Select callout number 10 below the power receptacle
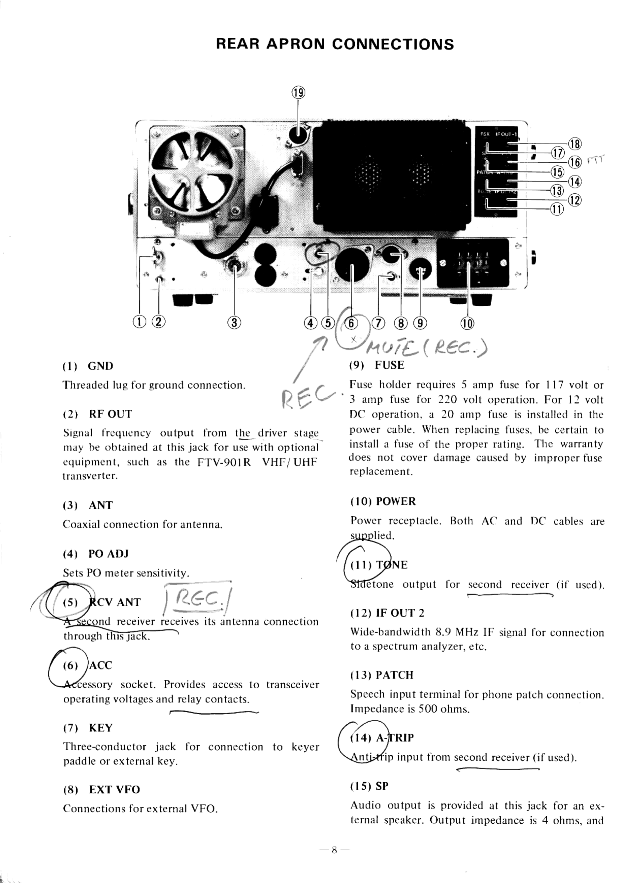467,323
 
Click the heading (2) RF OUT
98,414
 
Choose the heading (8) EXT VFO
102,790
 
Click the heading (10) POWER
383,501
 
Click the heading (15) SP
369,786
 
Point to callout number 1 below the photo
139,321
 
